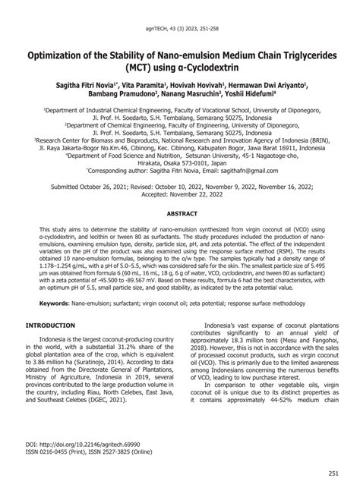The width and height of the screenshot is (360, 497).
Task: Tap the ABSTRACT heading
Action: pos(180,215)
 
